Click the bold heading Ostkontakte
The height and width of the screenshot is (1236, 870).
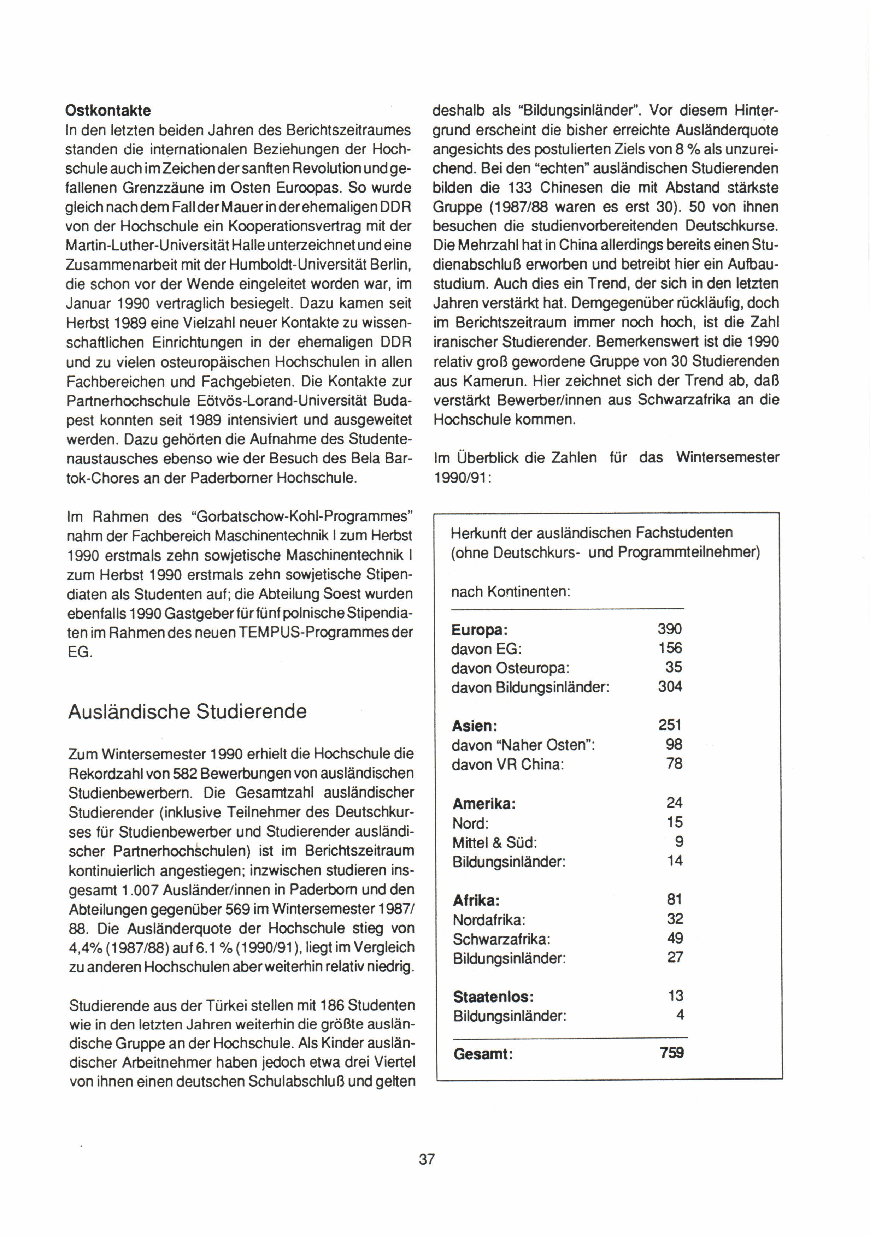pyautogui.click(x=108, y=111)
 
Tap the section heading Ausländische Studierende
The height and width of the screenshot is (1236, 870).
pyautogui.click(x=187, y=712)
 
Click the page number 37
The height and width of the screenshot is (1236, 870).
pyautogui.click(x=427, y=1159)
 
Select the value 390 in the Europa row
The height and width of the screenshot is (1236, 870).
pyautogui.click(x=670, y=629)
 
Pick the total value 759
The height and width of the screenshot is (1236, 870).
pyautogui.click(x=672, y=1052)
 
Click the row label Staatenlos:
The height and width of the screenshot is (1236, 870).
pyautogui.click(x=493, y=997)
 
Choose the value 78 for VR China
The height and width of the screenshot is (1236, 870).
pyautogui.click(x=674, y=764)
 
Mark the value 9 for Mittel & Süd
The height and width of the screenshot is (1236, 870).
pyautogui.click(x=678, y=841)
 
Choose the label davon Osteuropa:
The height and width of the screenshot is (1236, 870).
pyautogui.click(x=510, y=668)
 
